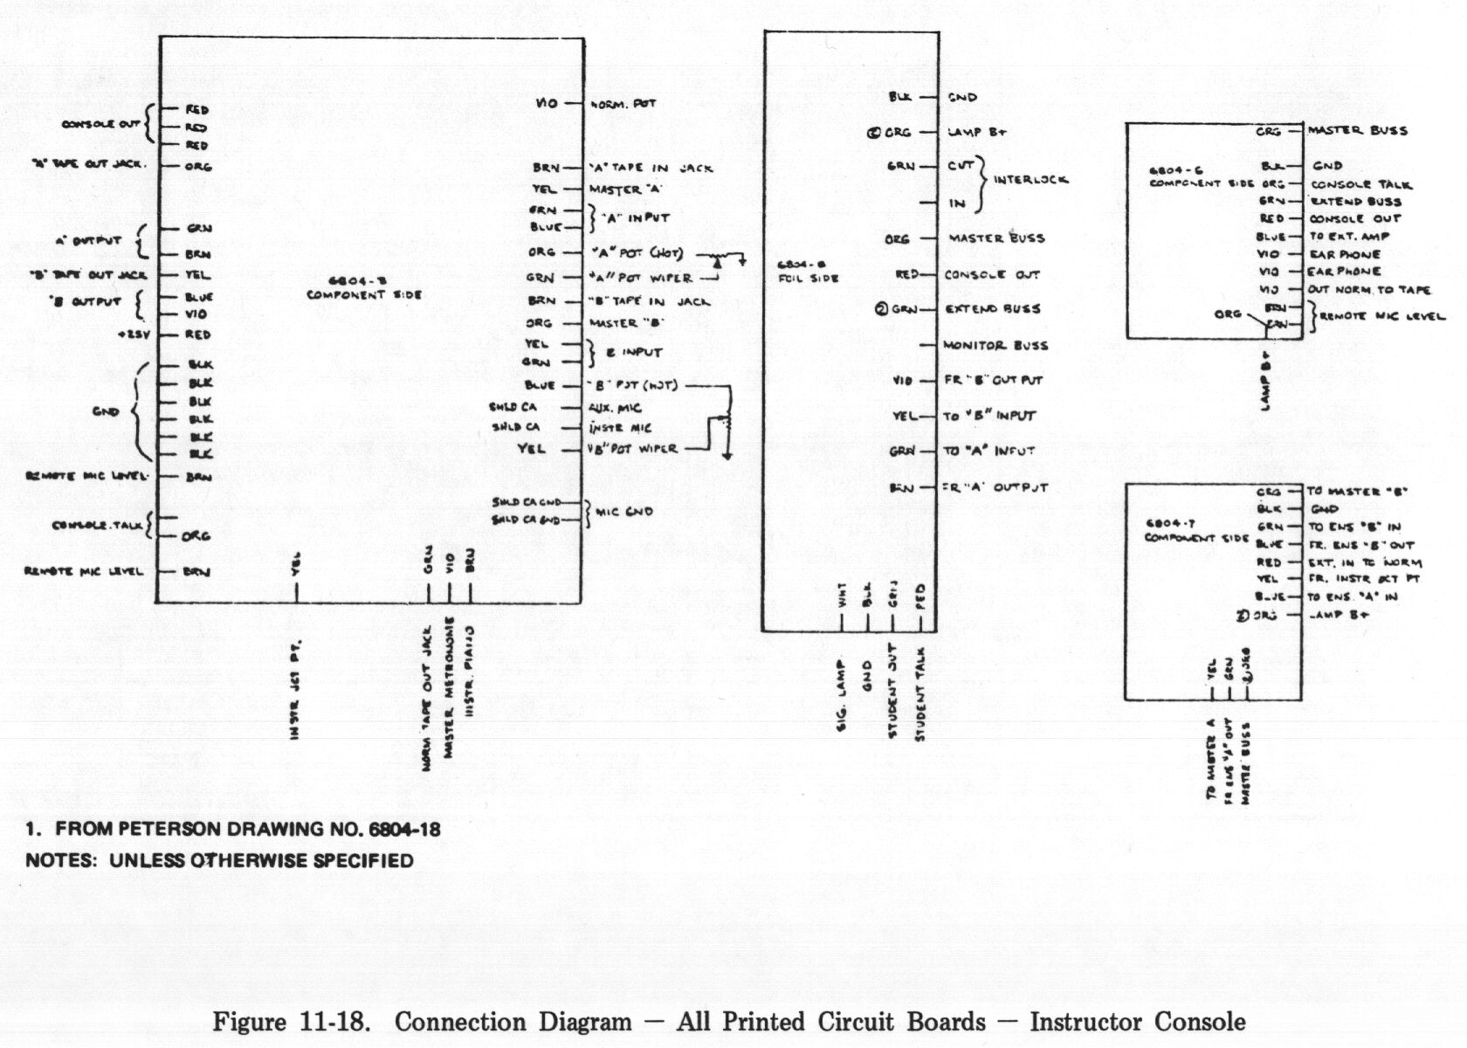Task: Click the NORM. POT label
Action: click(x=623, y=104)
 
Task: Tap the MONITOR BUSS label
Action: click(x=995, y=345)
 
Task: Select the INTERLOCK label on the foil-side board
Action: click(x=1030, y=180)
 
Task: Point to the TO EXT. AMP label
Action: click(x=1349, y=237)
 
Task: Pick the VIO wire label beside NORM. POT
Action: click(x=546, y=104)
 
